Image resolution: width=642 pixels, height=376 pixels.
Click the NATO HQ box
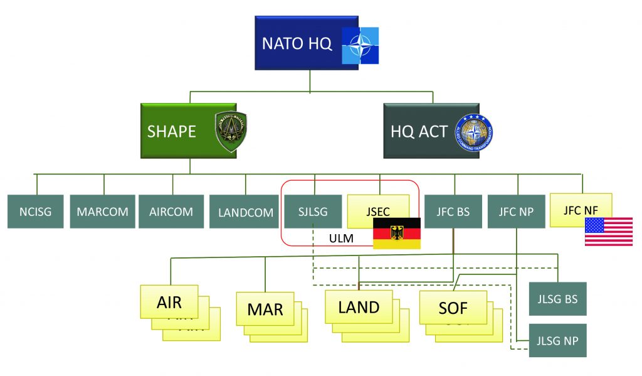(x=295, y=43)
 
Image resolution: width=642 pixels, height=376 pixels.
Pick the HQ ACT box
(x=419, y=131)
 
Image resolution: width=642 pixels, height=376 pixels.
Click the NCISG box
(x=35, y=211)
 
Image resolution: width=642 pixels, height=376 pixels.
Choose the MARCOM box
(x=102, y=211)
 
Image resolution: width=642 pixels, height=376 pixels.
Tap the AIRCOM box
(x=171, y=211)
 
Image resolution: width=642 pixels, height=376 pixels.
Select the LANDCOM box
(x=245, y=212)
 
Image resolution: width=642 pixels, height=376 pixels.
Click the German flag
(x=396, y=233)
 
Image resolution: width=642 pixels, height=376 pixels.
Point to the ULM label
(x=342, y=239)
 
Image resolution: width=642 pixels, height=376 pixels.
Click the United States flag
(x=608, y=231)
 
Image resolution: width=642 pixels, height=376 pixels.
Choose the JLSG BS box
(x=557, y=298)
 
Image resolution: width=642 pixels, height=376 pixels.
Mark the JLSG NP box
(x=557, y=341)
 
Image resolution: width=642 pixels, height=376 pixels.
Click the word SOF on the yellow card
(x=453, y=308)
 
